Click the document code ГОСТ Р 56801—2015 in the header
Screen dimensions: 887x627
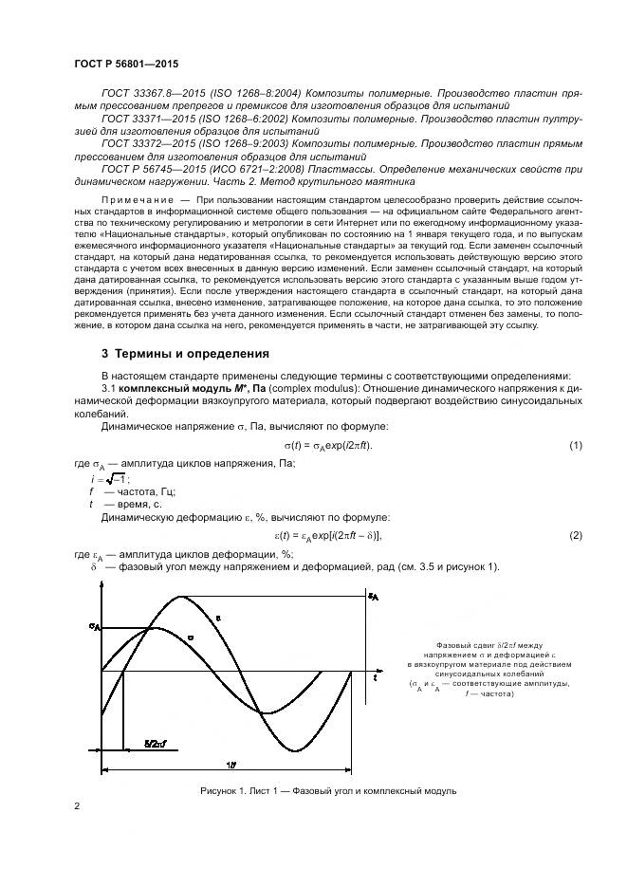pyautogui.click(x=125, y=64)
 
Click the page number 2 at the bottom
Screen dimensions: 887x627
pyautogui.click(x=78, y=806)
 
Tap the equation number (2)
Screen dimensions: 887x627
pyautogui.click(x=575, y=536)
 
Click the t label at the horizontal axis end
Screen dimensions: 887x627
pyautogui.click(x=376, y=678)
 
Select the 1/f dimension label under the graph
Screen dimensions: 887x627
pyautogui.click(x=231, y=764)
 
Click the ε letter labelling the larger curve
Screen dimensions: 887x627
pyautogui.click(x=218, y=618)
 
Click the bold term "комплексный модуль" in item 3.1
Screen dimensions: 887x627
pyautogui.click(x=172, y=388)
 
